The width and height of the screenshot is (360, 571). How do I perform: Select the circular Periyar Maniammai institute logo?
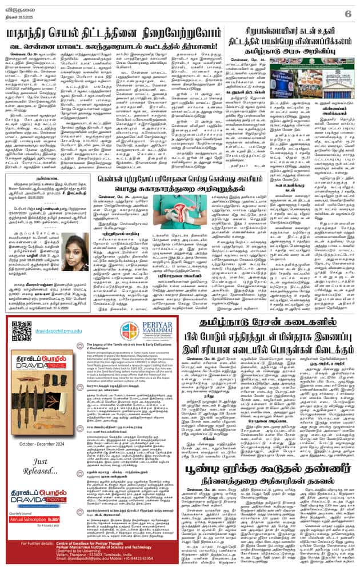[x=129, y=331]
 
